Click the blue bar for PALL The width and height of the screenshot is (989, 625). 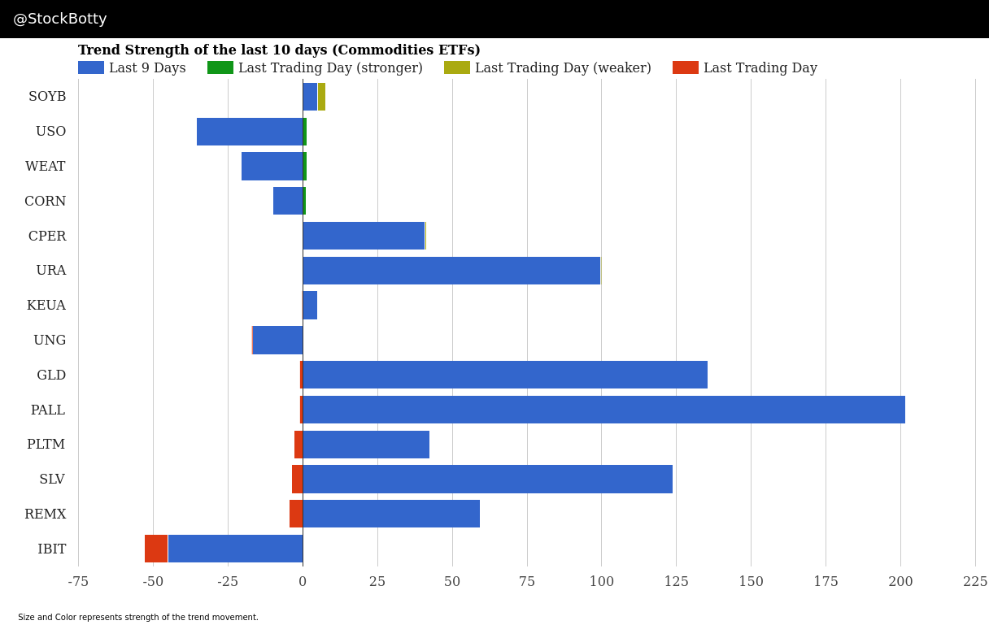(x=603, y=410)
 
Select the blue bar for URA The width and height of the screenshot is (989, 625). (x=451, y=271)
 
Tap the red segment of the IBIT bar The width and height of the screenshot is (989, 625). (x=156, y=549)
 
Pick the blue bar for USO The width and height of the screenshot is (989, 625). (x=250, y=132)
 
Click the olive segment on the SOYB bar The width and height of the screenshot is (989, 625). (x=321, y=97)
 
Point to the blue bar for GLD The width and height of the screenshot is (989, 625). (x=505, y=375)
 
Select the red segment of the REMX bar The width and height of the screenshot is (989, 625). (x=296, y=514)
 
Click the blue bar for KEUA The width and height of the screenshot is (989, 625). (x=310, y=306)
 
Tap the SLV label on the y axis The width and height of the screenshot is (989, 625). (x=52, y=480)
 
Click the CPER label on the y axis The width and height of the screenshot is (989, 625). (x=47, y=237)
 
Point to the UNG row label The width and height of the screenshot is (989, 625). (x=50, y=341)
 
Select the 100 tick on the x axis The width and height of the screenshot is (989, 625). (x=602, y=582)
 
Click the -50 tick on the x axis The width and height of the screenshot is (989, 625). (x=153, y=582)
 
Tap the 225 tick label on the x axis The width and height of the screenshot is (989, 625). (x=975, y=582)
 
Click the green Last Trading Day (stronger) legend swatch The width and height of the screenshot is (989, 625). (x=220, y=68)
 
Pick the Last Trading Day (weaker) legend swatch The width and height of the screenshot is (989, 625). (x=457, y=68)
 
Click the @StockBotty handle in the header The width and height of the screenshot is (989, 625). (x=60, y=20)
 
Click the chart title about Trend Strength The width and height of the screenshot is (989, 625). (x=279, y=50)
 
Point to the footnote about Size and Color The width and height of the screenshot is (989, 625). (x=138, y=618)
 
